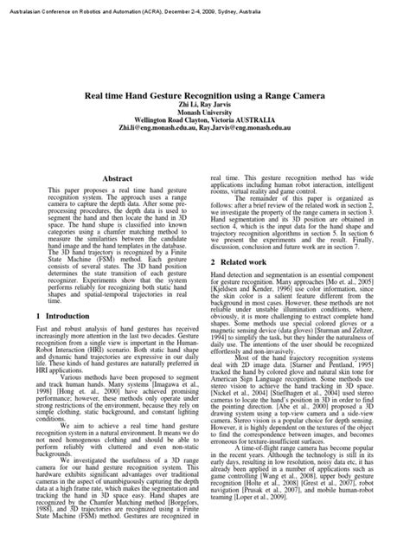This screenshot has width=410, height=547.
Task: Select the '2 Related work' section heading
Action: [239, 261]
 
